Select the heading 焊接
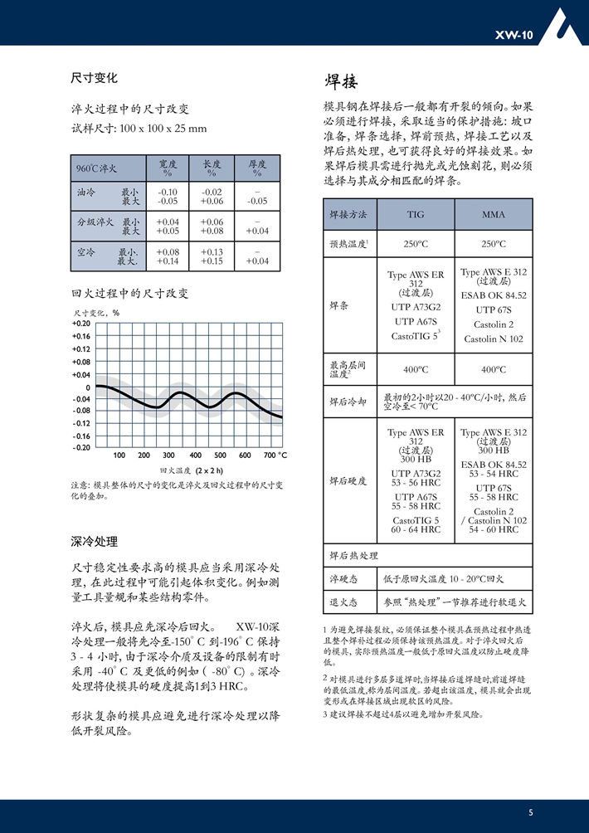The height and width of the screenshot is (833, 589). click(x=341, y=80)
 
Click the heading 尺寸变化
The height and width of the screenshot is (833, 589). click(x=94, y=79)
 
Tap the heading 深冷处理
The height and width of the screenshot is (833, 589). click(x=94, y=541)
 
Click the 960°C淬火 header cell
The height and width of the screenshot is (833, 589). click(x=97, y=168)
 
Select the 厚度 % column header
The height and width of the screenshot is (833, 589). click(x=257, y=168)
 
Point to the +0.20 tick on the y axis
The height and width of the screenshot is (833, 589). click(x=80, y=324)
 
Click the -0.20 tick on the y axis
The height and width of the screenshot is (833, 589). click(x=81, y=447)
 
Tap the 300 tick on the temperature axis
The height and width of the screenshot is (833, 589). click(x=169, y=455)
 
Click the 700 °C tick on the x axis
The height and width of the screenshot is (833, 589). click(x=275, y=455)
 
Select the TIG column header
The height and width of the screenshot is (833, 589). click(x=416, y=214)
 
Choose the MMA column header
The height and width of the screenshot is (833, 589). click(x=494, y=214)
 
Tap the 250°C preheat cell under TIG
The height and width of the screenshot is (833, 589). click(x=416, y=244)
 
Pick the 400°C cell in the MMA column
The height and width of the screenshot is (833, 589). click(x=494, y=369)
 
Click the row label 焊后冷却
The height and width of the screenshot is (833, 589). click(x=348, y=402)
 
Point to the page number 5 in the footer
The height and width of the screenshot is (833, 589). click(x=531, y=812)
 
